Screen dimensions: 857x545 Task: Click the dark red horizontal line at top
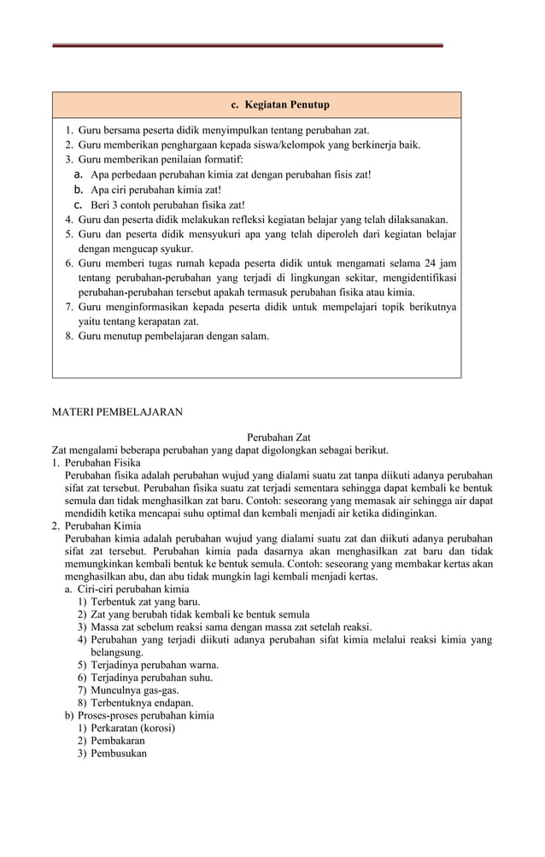click(248, 45)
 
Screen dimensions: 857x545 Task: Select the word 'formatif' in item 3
click(223, 160)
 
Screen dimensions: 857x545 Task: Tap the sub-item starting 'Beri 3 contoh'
click(155, 204)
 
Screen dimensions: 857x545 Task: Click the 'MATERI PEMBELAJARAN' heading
click(117, 412)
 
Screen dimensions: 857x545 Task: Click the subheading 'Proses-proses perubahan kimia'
click(146, 715)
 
